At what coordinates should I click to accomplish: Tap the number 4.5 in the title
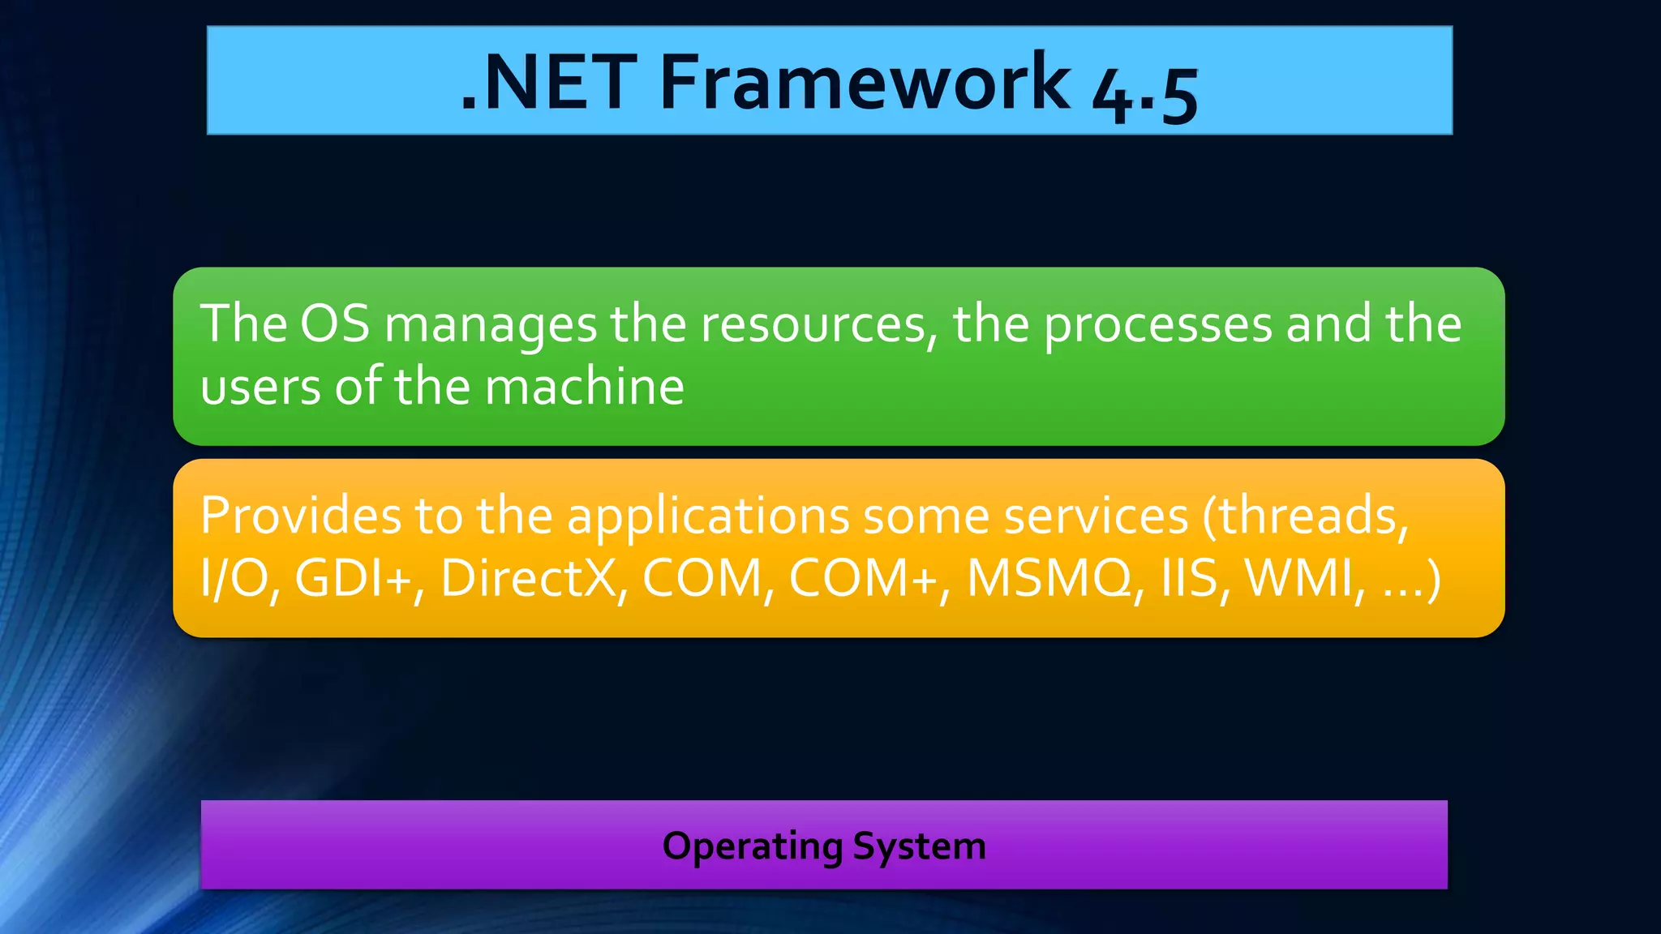pyautogui.click(x=1144, y=94)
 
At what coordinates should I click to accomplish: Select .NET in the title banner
pyautogui.click(x=548, y=83)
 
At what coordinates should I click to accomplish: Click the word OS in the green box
pyautogui.click(x=334, y=323)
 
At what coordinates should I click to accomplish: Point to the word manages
pyautogui.click(x=491, y=326)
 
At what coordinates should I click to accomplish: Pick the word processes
pyautogui.click(x=1158, y=326)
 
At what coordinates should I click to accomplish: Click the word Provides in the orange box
pyautogui.click(x=301, y=516)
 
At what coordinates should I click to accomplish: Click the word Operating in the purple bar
pyautogui.click(x=752, y=847)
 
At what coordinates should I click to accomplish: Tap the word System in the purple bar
pyautogui.click(x=919, y=847)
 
